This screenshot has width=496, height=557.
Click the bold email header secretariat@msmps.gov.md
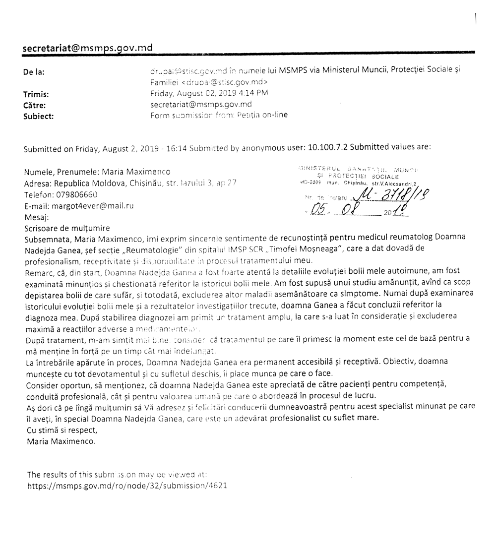tap(88, 48)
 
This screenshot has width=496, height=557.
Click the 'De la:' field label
tap(34, 72)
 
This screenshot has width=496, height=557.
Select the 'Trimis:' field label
tap(35, 94)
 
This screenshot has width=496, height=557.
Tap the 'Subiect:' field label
tap(38, 116)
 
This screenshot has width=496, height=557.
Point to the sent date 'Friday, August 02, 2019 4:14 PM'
tap(210, 93)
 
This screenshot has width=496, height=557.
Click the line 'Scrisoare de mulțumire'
tap(67, 228)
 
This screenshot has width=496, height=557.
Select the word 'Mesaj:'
tap(37, 217)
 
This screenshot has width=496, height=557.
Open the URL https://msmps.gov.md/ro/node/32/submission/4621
tap(127, 486)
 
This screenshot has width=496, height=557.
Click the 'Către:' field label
tap(35, 105)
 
